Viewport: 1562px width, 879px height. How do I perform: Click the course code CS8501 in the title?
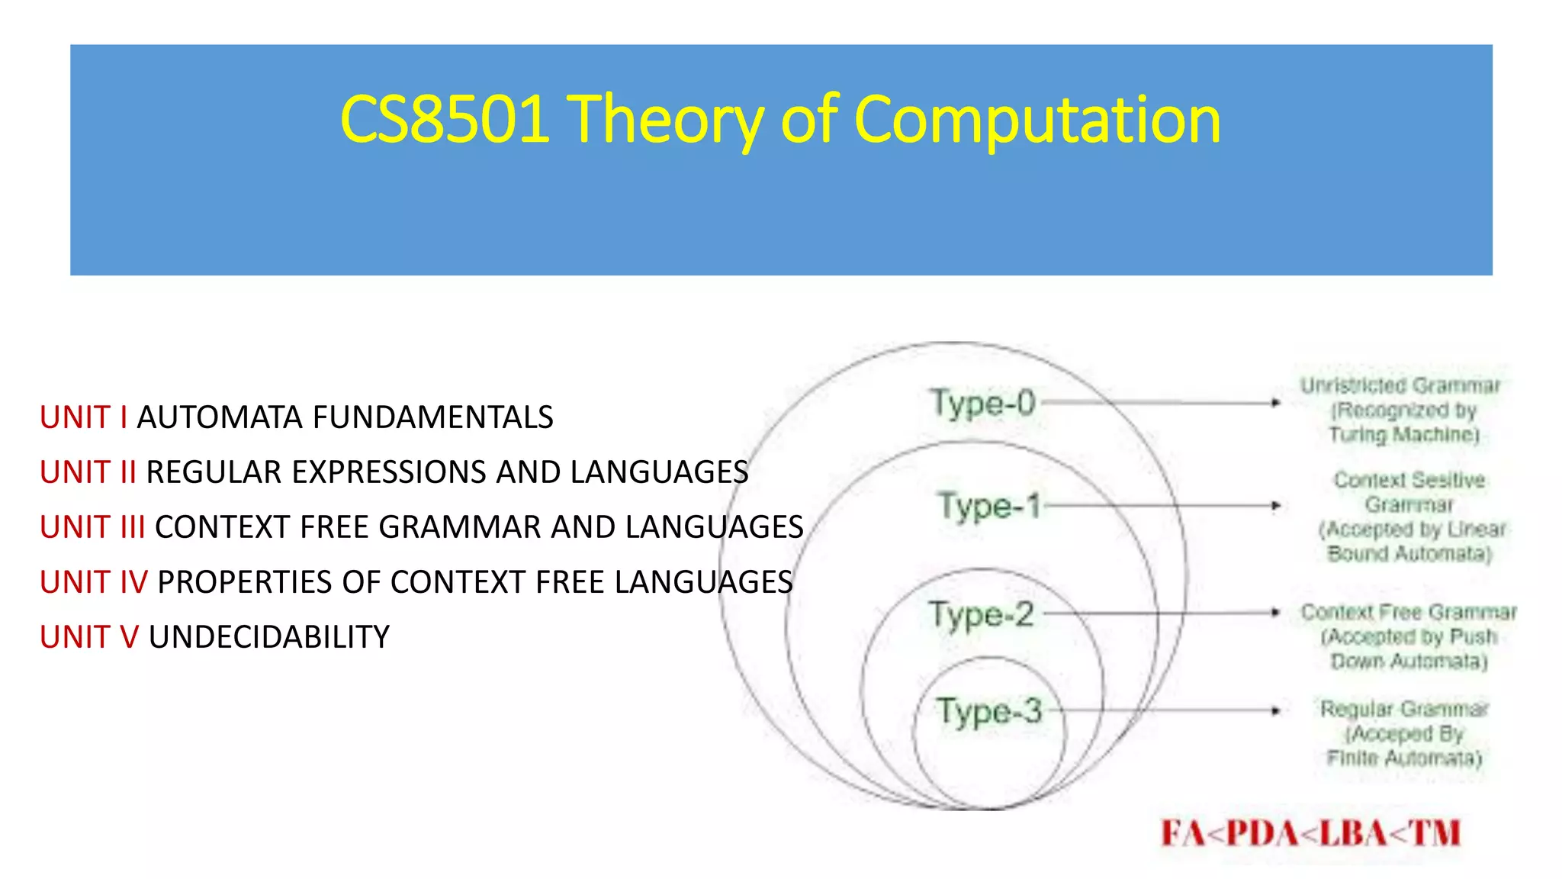point(445,119)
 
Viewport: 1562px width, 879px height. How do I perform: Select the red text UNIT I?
point(84,417)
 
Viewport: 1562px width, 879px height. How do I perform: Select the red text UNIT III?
point(92,527)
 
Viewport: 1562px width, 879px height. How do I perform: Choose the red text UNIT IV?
point(94,582)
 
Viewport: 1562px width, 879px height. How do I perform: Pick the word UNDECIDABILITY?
point(269,637)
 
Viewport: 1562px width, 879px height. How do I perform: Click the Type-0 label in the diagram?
point(982,403)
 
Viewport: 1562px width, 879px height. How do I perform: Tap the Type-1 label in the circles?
point(989,505)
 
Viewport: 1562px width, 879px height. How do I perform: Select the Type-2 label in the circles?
point(981,615)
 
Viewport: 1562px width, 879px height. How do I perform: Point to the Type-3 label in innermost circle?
point(989,711)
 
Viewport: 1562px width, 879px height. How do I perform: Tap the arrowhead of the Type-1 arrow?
point(1276,505)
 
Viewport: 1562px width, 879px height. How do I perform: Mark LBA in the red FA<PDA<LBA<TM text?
point(1353,833)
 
